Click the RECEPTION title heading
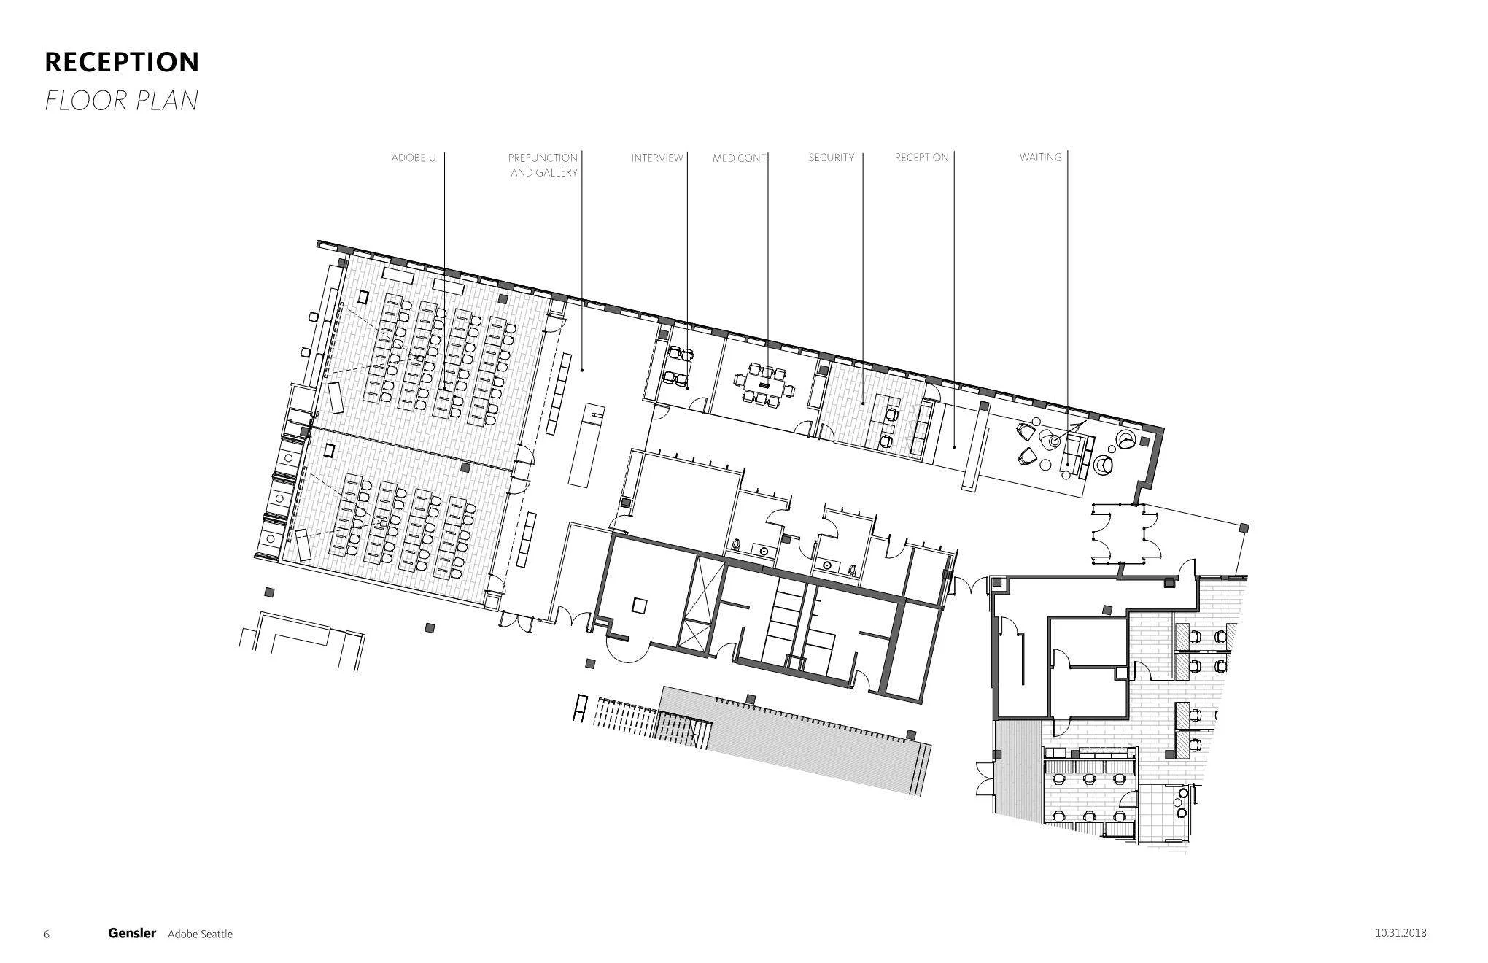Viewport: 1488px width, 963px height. point(122,62)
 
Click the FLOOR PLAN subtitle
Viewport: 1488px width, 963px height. point(121,100)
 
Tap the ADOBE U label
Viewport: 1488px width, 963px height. point(413,158)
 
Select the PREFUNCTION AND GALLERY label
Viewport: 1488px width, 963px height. point(543,165)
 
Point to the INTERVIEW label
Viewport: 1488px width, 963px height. point(656,158)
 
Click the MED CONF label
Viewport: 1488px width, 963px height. point(739,158)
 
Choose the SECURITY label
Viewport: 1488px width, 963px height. point(831,158)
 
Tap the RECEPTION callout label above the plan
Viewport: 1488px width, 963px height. point(921,158)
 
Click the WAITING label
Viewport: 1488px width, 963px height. point(1040,158)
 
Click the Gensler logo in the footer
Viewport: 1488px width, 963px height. point(132,933)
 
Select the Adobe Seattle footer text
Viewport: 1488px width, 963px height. point(200,934)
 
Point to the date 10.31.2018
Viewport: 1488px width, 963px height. point(1400,932)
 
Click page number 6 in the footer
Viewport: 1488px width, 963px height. point(47,935)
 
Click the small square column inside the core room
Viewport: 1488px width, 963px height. point(640,605)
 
